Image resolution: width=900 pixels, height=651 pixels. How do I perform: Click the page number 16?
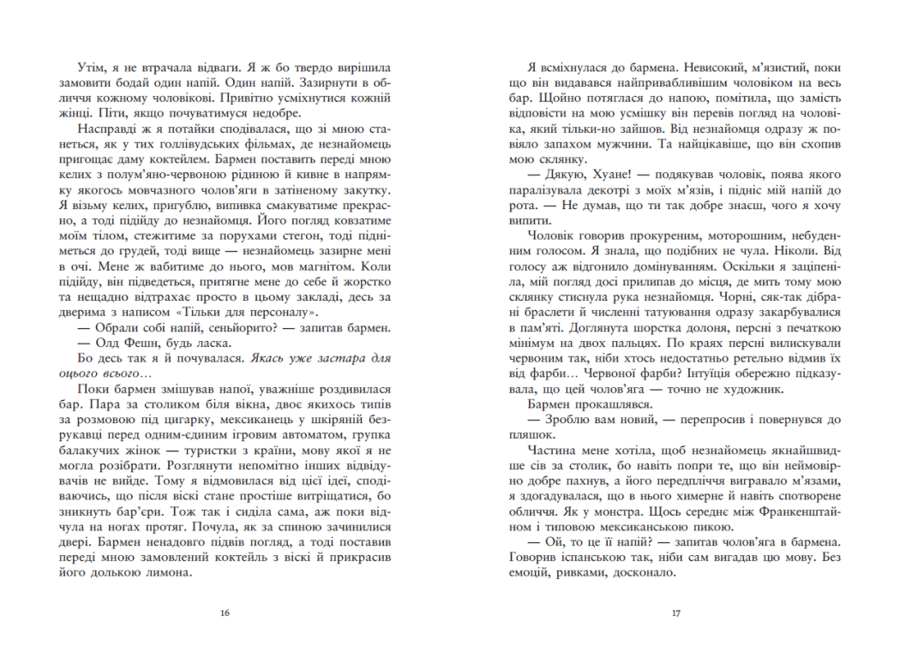pyautogui.click(x=225, y=612)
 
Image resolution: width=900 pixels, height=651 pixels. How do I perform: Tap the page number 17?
pyautogui.click(x=675, y=612)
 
